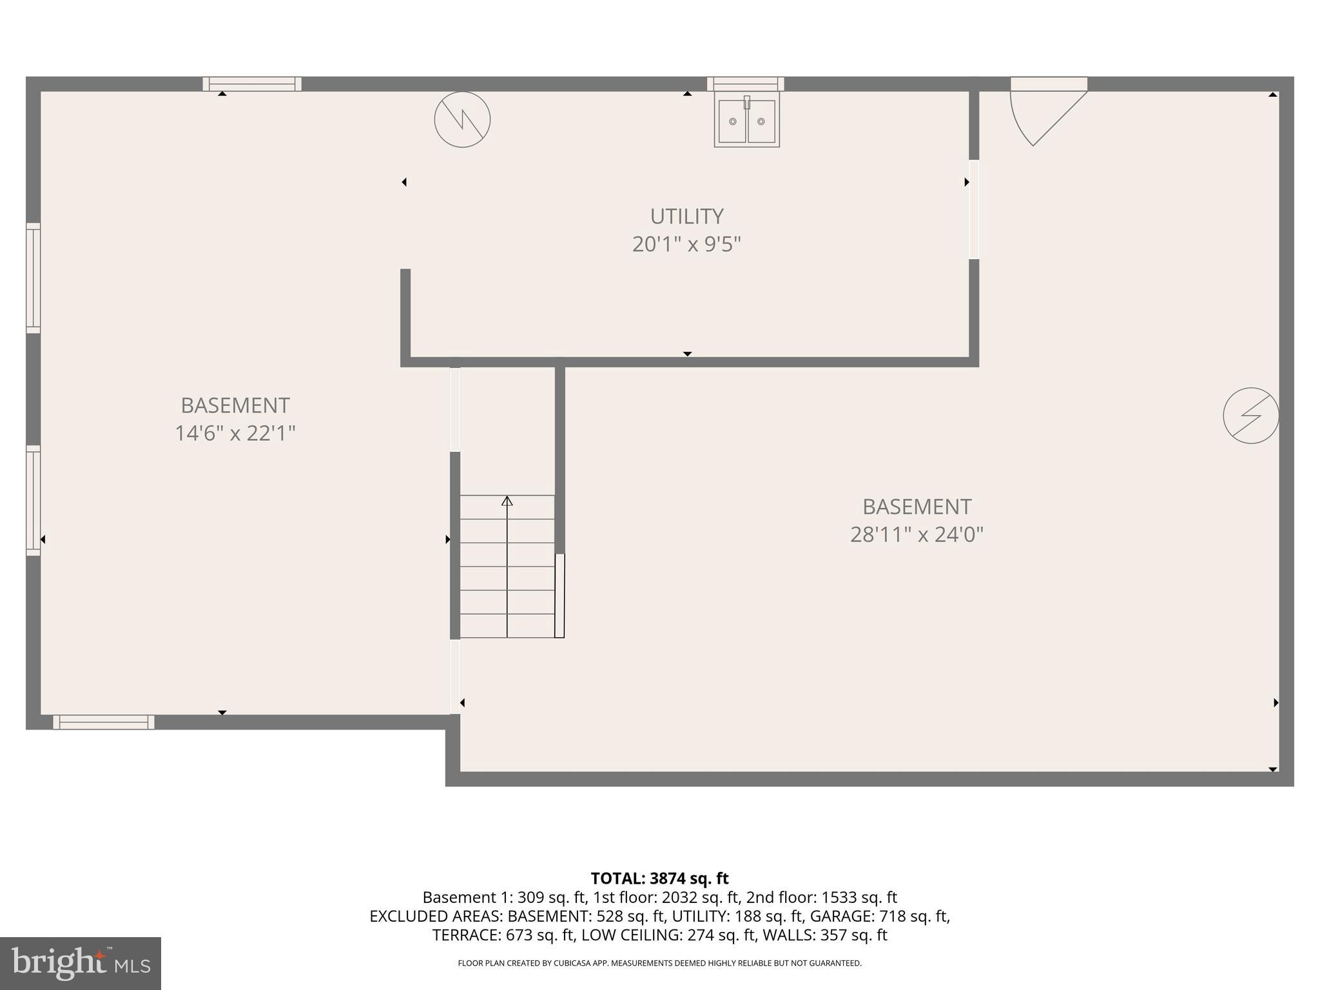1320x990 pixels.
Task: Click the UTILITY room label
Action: tap(686, 216)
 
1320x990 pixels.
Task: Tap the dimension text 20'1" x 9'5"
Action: tap(686, 244)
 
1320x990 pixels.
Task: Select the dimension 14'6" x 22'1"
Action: tap(235, 433)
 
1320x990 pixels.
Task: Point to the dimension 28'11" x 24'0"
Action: tap(917, 534)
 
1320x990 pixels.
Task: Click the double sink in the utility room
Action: tap(746, 121)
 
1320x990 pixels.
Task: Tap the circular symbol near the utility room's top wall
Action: tap(462, 120)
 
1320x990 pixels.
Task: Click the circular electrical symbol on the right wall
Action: tap(1250, 416)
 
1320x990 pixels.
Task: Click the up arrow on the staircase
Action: tap(507, 501)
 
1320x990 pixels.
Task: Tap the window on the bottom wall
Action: tap(104, 722)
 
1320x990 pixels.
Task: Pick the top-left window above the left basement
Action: tap(252, 84)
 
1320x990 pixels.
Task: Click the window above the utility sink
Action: tap(745, 84)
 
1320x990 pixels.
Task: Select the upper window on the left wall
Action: tap(33, 278)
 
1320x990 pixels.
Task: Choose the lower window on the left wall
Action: tap(33, 500)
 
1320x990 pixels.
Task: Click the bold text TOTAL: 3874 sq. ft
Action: tap(659, 878)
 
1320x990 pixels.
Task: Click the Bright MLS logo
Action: tap(81, 964)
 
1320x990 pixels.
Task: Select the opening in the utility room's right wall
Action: tap(974, 209)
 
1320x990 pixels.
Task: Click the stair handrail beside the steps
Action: tap(559, 596)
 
